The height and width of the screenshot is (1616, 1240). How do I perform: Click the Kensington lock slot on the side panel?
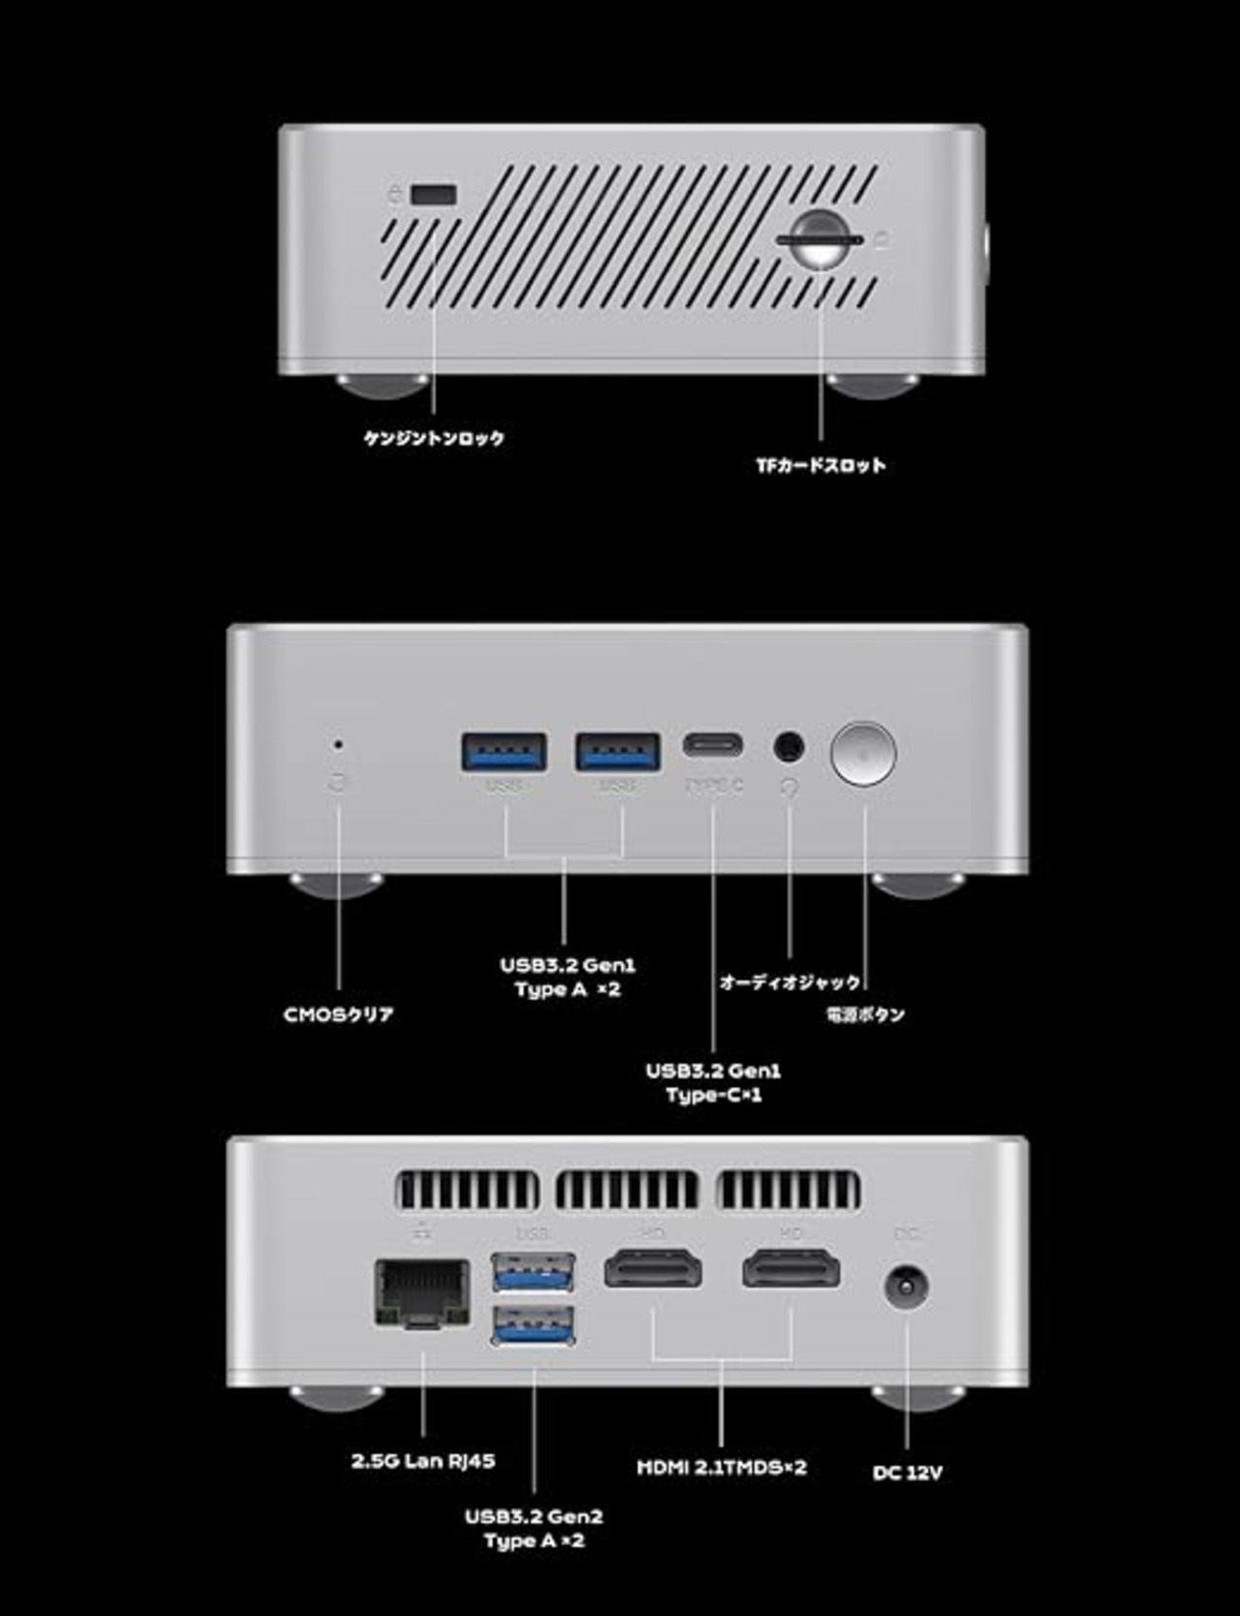pyautogui.click(x=433, y=194)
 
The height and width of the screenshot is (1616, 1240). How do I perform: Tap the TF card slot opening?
pyautogui.click(x=820, y=237)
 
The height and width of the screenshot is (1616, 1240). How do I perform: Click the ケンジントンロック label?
pyautogui.click(x=434, y=439)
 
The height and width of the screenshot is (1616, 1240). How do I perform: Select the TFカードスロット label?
pyautogui.click(x=821, y=466)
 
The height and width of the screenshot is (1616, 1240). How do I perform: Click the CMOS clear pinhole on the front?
pyautogui.click(x=337, y=745)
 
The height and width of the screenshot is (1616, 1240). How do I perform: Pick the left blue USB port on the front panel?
pyautogui.click(x=504, y=752)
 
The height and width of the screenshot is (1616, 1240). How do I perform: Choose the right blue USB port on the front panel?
pyautogui.click(x=618, y=752)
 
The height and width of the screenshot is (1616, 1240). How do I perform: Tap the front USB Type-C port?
pyautogui.click(x=714, y=746)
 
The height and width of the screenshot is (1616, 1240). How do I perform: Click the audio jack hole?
pyautogui.click(x=789, y=747)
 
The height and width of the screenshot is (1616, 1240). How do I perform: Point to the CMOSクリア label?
pyautogui.click(x=338, y=1015)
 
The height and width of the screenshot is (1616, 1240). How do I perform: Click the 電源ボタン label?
pyautogui.click(x=865, y=1015)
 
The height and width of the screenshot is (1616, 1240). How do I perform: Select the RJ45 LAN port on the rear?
pyautogui.click(x=422, y=1292)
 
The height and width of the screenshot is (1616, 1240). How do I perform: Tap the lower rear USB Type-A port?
pyautogui.click(x=533, y=1325)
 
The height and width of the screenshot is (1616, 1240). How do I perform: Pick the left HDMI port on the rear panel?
pyautogui.click(x=654, y=1269)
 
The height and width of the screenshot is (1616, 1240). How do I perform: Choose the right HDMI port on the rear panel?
pyautogui.click(x=791, y=1269)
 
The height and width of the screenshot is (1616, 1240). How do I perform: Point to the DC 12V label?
pyautogui.click(x=907, y=1473)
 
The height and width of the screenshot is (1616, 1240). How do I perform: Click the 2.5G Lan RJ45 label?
pyautogui.click(x=423, y=1461)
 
